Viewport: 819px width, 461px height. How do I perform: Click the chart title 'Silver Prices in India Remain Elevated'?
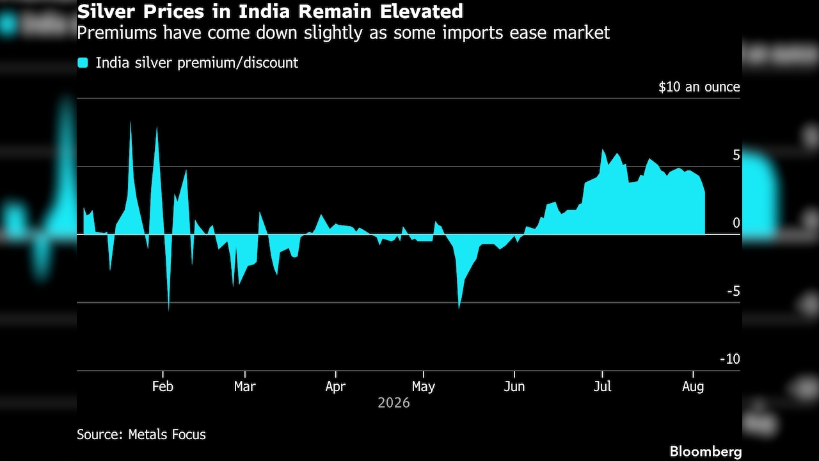270,12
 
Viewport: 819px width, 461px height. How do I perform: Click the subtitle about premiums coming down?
344,33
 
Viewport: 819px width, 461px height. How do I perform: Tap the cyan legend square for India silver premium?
83,63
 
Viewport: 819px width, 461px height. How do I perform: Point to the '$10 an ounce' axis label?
699,87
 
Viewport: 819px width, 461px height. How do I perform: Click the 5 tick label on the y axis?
736,155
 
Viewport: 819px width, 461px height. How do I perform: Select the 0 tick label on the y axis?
736,223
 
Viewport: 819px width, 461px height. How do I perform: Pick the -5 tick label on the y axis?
733,291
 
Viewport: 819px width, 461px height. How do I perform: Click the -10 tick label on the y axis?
730,359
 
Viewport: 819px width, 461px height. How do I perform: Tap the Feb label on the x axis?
163,386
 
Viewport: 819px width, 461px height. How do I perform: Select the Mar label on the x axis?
245,386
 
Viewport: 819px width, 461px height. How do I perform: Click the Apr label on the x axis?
335,386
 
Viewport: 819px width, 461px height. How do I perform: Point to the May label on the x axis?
424,386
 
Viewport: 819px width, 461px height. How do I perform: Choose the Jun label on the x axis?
514,386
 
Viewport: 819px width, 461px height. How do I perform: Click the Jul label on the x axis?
602,386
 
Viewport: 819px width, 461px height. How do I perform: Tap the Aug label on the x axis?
693,386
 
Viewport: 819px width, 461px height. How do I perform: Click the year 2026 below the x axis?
394,403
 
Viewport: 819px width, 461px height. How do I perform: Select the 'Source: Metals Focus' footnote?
141,435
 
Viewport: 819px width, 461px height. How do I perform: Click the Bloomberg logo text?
706,451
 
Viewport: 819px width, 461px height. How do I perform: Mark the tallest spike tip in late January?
131,122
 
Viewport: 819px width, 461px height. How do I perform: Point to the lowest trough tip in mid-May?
459,308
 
